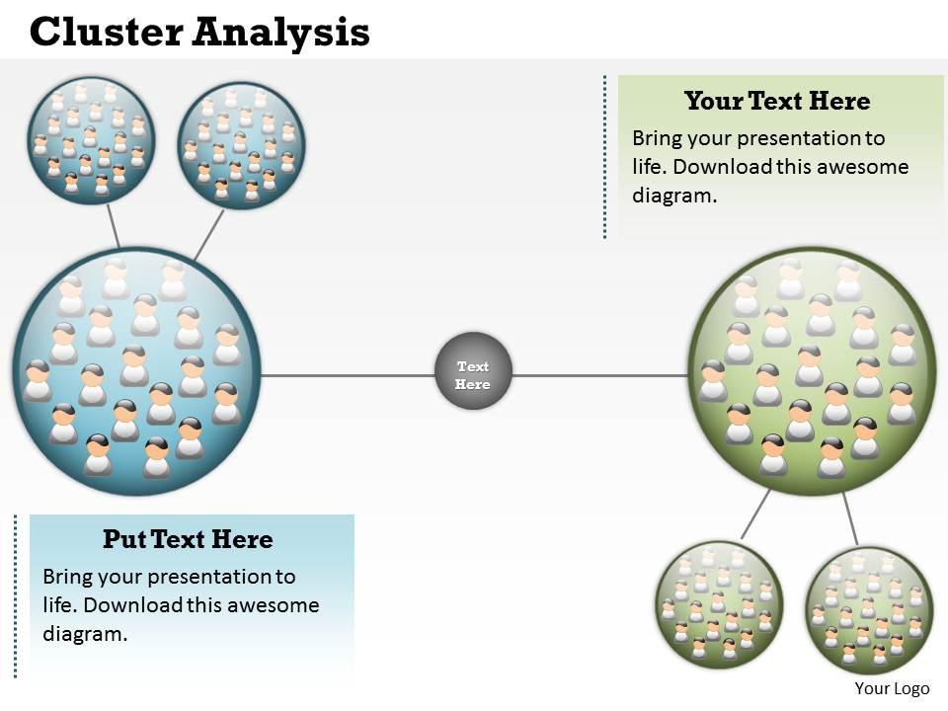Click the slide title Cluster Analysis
pyautogui.click(x=199, y=33)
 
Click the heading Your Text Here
pyautogui.click(x=777, y=101)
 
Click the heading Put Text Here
pyautogui.click(x=188, y=539)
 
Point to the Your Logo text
pyautogui.click(x=892, y=689)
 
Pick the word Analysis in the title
pyautogui.click(x=280, y=33)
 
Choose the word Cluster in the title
pyautogui.click(x=108, y=33)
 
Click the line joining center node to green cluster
pyautogui.click(x=600, y=375)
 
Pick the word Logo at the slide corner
pyautogui.click(x=910, y=689)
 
